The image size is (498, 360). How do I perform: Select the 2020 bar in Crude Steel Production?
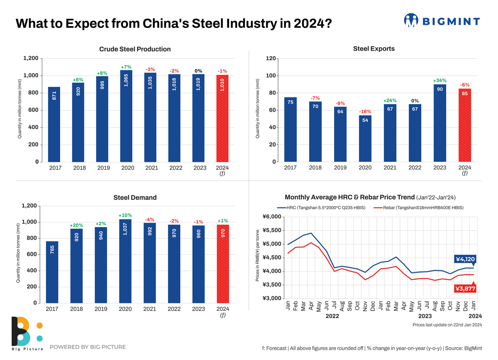(x=126, y=116)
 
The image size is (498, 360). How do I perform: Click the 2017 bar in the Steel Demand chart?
(x=52, y=272)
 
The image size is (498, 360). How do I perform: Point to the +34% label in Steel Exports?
(x=439, y=80)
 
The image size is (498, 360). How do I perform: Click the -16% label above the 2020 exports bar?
(x=365, y=111)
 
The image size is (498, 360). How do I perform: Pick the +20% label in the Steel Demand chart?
(x=76, y=225)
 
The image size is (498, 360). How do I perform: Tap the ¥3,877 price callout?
(x=465, y=289)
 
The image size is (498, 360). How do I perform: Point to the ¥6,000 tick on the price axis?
(x=272, y=217)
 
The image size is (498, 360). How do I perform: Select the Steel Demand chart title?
(x=135, y=198)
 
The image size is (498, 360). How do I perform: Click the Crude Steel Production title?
(x=135, y=49)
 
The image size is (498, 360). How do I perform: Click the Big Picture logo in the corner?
(x=27, y=332)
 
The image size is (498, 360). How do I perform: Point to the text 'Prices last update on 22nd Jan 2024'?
(x=447, y=325)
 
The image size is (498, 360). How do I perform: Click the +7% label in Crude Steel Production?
(x=126, y=67)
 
